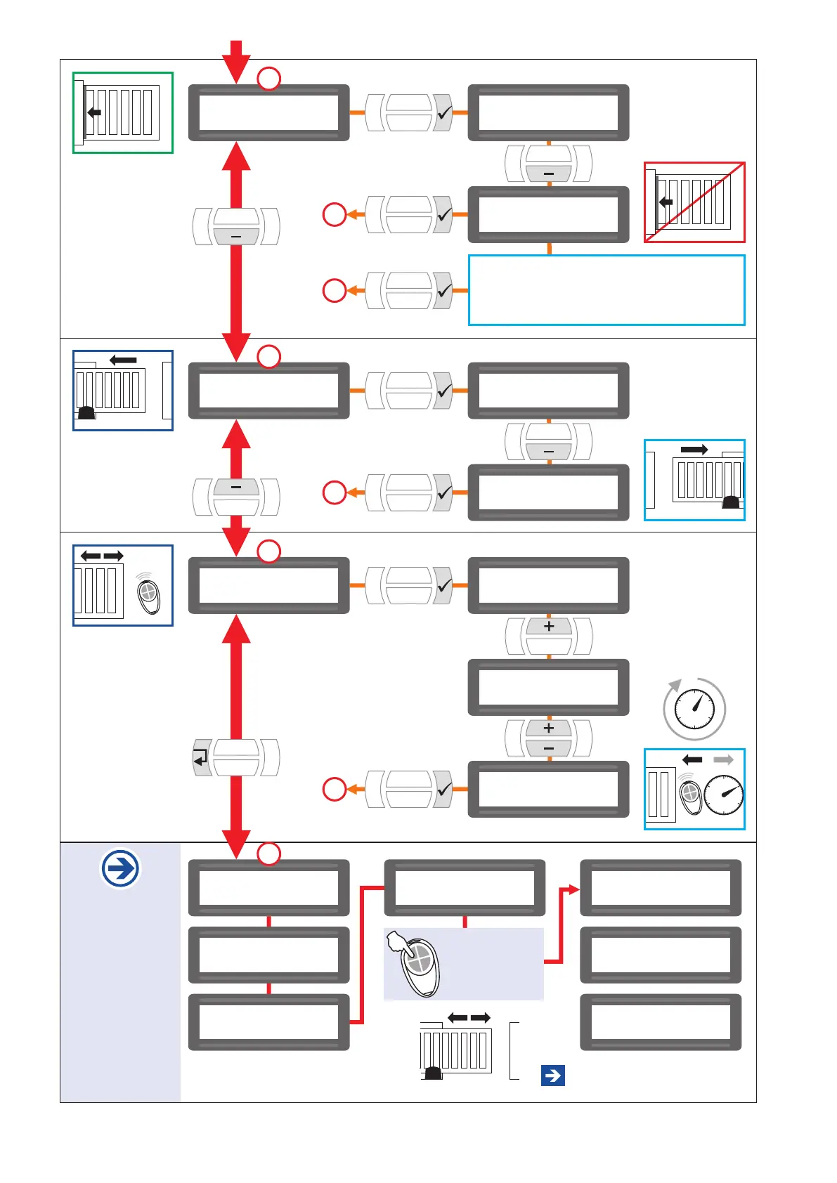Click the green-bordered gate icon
click(x=123, y=112)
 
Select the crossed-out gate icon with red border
click(x=694, y=202)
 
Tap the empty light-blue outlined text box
click(x=606, y=290)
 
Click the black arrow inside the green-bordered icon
click(x=94, y=112)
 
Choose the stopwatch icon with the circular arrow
click(x=694, y=708)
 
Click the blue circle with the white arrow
click(x=121, y=869)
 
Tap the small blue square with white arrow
click(x=553, y=1075)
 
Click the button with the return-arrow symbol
click(x=202, y=757)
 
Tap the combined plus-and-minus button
click(x=549, y=738)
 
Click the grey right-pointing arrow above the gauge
click(x=723, y=759)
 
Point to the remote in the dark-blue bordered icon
click(x=148, y=594)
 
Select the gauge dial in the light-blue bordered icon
click(x=724, y=795)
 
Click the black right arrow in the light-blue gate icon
click(x=694, y=450)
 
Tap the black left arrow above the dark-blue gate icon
click(x=124, y=360)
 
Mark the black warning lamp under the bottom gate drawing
click(x=434, y=1073)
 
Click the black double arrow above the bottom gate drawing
click(x=469, y=1018)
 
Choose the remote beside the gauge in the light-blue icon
click(x=691, y=796)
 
